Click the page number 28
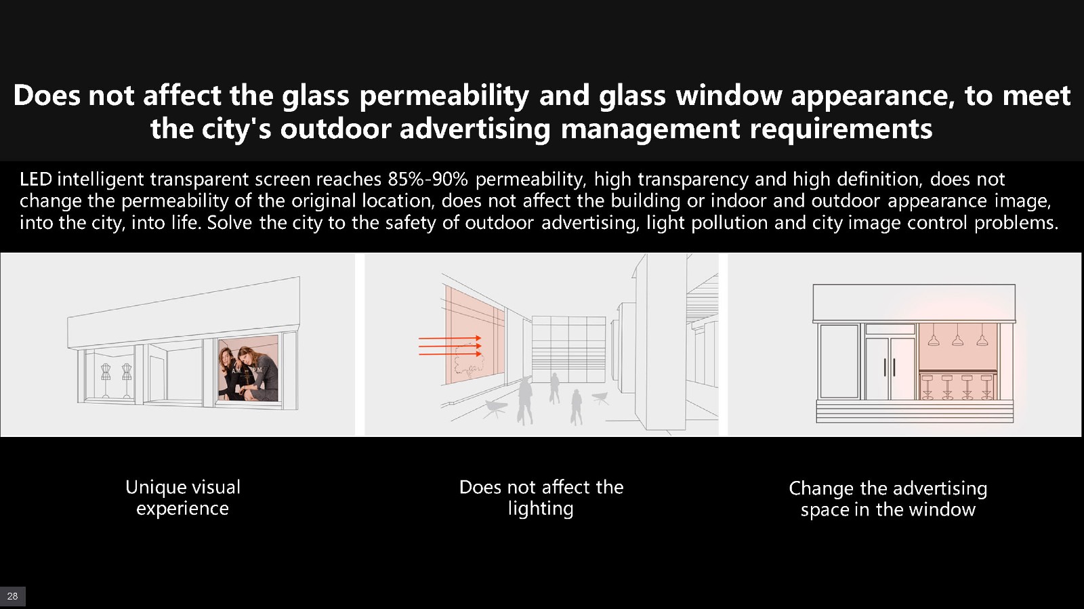point(13,596)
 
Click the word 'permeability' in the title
point(444,96)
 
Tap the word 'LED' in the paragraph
point(36,180)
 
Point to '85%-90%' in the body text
point(428,180)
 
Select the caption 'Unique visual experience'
point(182,498)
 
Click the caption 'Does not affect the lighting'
point(541,498)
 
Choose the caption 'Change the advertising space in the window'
point(888,499)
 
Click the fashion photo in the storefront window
point(248,369)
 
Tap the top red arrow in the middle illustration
point(450,338)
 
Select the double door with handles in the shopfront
point(890,368)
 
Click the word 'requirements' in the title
point(841,129)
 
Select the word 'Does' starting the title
point(47,96)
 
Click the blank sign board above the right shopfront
point(914,303)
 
